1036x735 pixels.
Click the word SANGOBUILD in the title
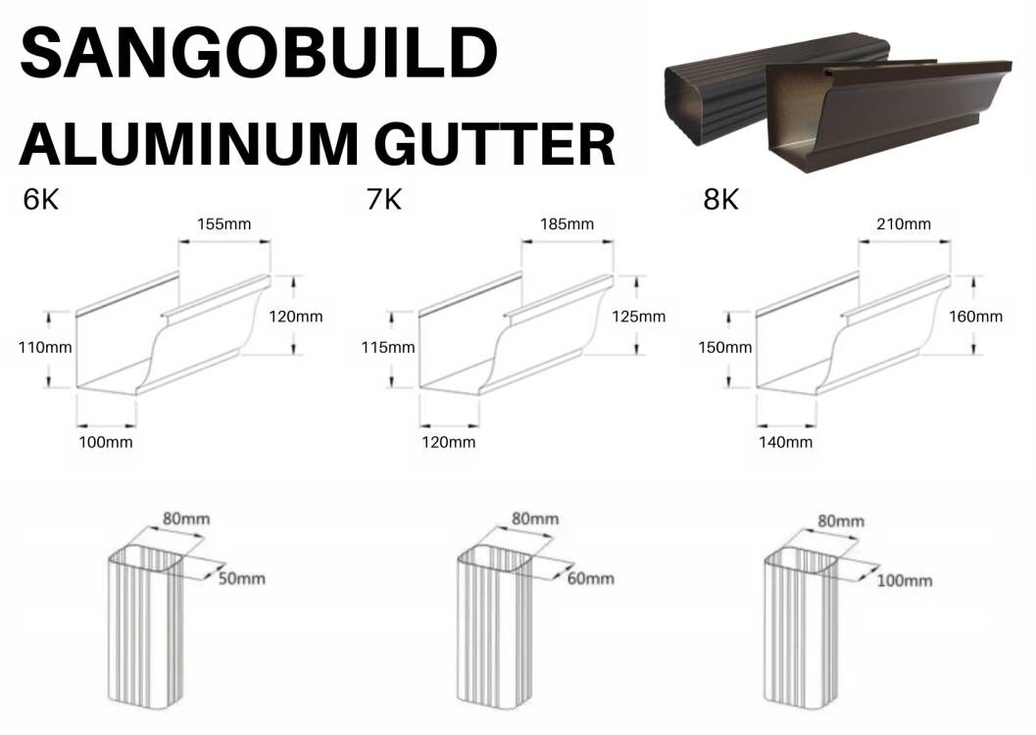(x=259, y=53)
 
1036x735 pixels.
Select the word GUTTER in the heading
(x=495, y=143)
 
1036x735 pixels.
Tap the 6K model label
(x=41, y=199)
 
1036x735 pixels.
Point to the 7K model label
(x=384, y=199)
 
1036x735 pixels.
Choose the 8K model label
(x=720, y=199)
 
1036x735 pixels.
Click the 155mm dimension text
(x=224, y=223)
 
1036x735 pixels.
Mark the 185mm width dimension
(x=567, y=223)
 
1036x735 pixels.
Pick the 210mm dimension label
(x=904, y=223)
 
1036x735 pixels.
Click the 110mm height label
(x=45, y=347)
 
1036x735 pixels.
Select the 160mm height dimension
(x=976, y=317)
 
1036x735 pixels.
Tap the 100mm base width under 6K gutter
(x=106, y=442)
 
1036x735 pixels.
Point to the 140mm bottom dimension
(x=786, y=442)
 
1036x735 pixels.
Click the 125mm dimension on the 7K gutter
(x=638, y=317)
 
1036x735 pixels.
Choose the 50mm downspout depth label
(x=242, y=578)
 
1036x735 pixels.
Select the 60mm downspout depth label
(x=591, y=578)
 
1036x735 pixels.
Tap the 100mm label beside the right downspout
(x=905, y=580)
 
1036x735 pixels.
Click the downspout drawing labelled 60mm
(x=495, y=626)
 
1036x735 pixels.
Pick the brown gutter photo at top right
(x=838, y=101)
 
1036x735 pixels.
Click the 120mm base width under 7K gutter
(x=449, y=442)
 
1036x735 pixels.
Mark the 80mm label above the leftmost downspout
(x=186, y=518)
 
